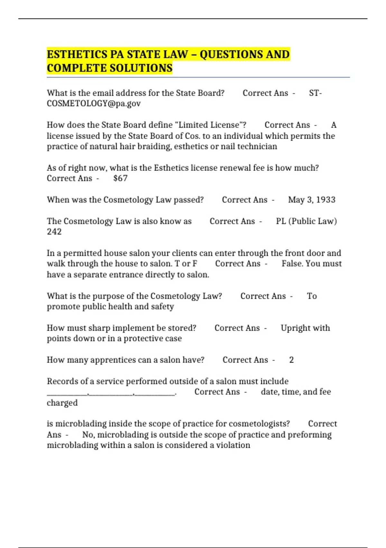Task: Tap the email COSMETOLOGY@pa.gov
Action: (94, 103)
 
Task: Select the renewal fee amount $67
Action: (120, 178)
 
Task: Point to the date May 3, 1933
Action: (311, 200)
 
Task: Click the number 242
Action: (54, 232)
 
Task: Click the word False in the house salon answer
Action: (292, 264)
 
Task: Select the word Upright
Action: (295, 328)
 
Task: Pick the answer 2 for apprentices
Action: (291, 360)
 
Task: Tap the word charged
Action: (62, 403)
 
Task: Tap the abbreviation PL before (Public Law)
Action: (281, 221)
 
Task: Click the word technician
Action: (257, 147)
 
